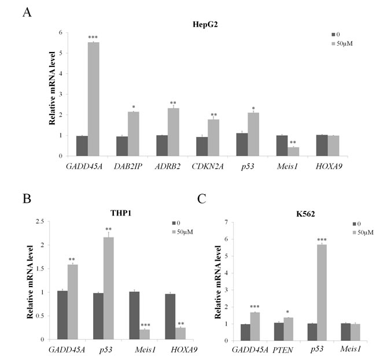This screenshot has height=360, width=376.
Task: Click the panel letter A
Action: [x=27, y=12]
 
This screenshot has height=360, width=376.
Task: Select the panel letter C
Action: [x=201, y=200]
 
